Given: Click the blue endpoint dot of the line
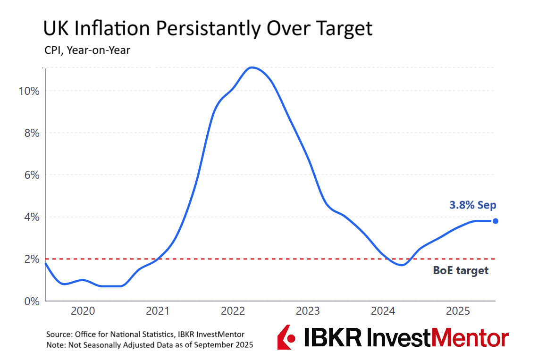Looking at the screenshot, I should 495,221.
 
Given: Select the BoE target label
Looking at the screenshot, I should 461,271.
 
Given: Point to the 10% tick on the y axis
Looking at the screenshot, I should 29,91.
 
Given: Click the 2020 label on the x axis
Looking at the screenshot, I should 83,311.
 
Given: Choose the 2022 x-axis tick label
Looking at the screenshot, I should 233,311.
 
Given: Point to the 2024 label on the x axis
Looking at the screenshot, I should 383,311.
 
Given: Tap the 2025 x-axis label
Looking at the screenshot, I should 458,311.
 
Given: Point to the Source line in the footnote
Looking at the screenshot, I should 145,334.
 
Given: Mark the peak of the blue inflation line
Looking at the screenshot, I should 252,67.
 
